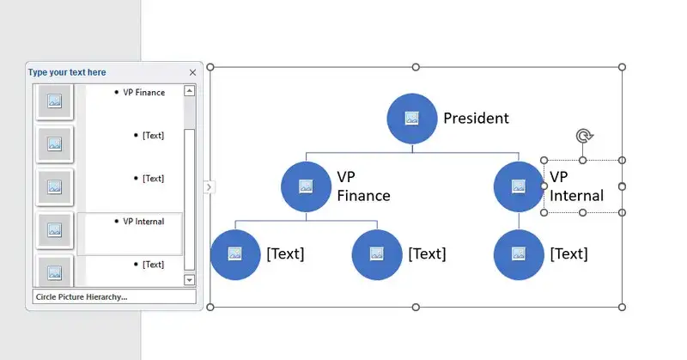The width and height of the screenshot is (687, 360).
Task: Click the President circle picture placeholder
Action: (411, 119)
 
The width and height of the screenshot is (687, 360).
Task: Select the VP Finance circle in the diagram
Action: (306, 186)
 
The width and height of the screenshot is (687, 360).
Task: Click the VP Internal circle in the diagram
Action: (519, 186)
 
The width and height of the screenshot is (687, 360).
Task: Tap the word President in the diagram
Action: (476, 119)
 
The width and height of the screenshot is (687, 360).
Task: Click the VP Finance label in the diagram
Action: (362, 186)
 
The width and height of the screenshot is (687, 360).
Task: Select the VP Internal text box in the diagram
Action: (576, 186)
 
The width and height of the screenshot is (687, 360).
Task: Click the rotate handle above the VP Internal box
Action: (583, 136)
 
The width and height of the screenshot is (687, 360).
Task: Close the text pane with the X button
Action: (192, 73)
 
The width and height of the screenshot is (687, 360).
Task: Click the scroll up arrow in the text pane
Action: (190, 90)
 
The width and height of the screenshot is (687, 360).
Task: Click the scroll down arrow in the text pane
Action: (190, 279)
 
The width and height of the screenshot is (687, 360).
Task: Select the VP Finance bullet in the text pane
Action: (143, 92)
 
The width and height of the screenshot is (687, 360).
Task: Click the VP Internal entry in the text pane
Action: (143, 222)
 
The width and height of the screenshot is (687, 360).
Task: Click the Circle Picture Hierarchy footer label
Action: (82, 296)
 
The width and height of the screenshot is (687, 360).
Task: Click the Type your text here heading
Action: (67, 73)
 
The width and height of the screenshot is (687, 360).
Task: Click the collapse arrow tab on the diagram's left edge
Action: (209, 186)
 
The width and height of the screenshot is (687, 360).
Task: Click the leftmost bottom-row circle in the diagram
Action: (235, 254)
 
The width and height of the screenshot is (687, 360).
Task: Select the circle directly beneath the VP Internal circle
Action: (519, 254)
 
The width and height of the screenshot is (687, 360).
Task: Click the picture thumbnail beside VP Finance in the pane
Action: (55, 101)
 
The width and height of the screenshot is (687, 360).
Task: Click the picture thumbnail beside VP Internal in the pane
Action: (55, 229)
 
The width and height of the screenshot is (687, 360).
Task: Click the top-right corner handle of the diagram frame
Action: (623, 67)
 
